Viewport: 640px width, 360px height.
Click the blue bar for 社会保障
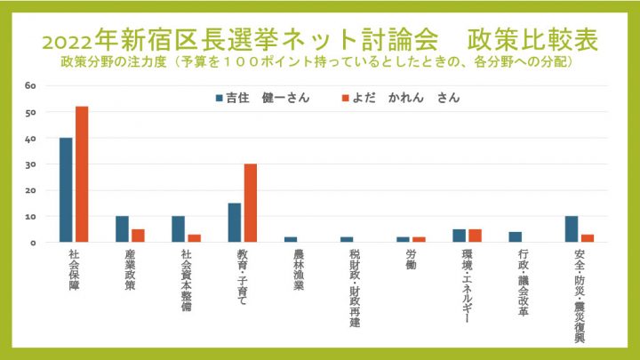click(x=66, y=190)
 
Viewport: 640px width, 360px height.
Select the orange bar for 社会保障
click(x=82, y=174)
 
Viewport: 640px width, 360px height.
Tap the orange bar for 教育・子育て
click(x=251, y=203)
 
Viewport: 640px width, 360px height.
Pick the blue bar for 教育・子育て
click(x=235, y=222)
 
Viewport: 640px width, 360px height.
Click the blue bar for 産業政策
click(x=122, y=228)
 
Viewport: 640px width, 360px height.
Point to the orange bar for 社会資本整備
click(x=194, y=238)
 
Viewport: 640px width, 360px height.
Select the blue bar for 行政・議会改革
click(x=516, y=236)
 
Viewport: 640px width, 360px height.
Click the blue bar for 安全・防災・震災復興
click(x=572, y=228)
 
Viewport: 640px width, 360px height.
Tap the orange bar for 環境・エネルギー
click(x=475, y=236)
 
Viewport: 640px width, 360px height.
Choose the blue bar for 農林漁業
click(x=291, y=239)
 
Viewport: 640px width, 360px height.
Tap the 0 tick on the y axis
click(x=32, y=242)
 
